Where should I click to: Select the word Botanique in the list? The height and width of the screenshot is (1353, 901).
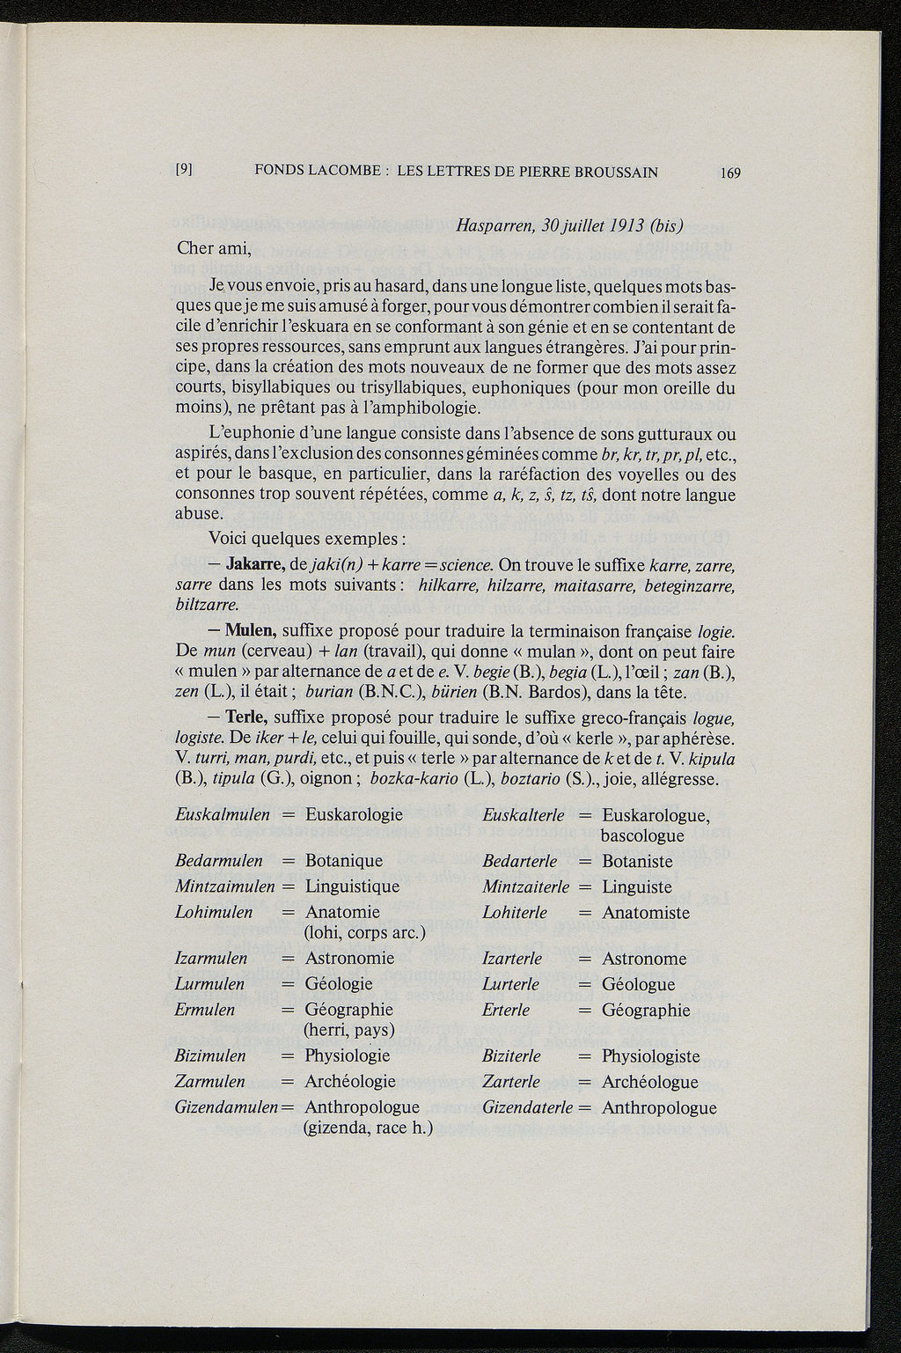344,861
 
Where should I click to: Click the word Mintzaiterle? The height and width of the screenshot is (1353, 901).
526,886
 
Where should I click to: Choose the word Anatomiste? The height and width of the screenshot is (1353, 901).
646,913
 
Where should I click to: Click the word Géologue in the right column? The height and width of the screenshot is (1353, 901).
639,984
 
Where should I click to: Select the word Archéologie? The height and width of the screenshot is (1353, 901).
350,1082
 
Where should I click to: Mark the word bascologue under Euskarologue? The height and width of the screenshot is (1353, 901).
643,835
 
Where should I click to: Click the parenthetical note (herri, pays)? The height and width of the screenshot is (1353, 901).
348,1028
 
